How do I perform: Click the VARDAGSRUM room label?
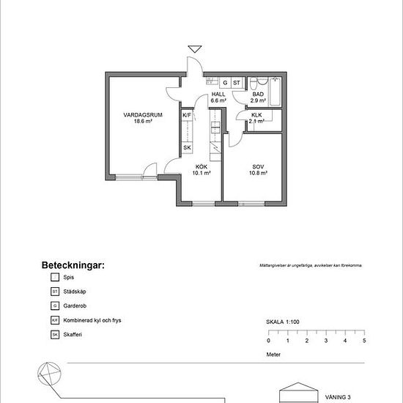point(143,115)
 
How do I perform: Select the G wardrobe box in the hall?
point(226,83)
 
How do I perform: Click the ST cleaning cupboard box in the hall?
point(237,83)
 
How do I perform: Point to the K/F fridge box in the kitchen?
point(187,116)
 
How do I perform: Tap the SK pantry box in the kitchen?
point(187,147)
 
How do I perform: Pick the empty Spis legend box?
point(54,278)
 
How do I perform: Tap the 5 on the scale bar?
point(364,341)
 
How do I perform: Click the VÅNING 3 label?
point(339,396)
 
